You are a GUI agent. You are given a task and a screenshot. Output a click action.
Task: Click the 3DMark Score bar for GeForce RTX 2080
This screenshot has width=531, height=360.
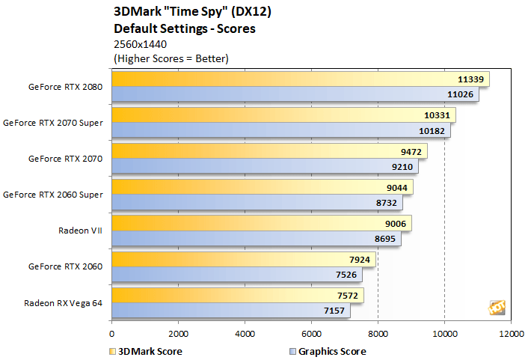[299, 79]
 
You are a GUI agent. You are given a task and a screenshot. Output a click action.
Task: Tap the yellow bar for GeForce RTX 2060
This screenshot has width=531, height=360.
[243, 260]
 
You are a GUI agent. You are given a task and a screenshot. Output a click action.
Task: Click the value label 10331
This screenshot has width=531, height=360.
[438, 115]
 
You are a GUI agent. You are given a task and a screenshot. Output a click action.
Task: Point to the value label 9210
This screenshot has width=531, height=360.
[401, 168]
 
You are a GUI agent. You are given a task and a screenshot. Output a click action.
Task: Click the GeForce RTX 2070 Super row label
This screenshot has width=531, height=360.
[53, 123]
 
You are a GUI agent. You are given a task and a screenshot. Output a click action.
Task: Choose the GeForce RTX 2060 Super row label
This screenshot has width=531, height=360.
[53, 195]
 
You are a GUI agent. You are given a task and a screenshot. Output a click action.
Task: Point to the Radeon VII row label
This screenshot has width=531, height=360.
[80, 231]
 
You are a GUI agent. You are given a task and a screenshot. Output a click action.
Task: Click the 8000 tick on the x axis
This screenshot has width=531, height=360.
[378, 335]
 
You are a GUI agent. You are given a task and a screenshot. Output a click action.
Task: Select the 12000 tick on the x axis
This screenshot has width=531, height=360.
[511, 335]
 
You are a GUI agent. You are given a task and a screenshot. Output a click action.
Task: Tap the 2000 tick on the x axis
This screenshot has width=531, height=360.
[178, 335]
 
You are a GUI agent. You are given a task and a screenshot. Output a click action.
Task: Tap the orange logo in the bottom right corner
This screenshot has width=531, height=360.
[496, 308]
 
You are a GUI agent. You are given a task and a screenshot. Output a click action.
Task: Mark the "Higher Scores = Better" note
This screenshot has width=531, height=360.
[171, 58]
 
